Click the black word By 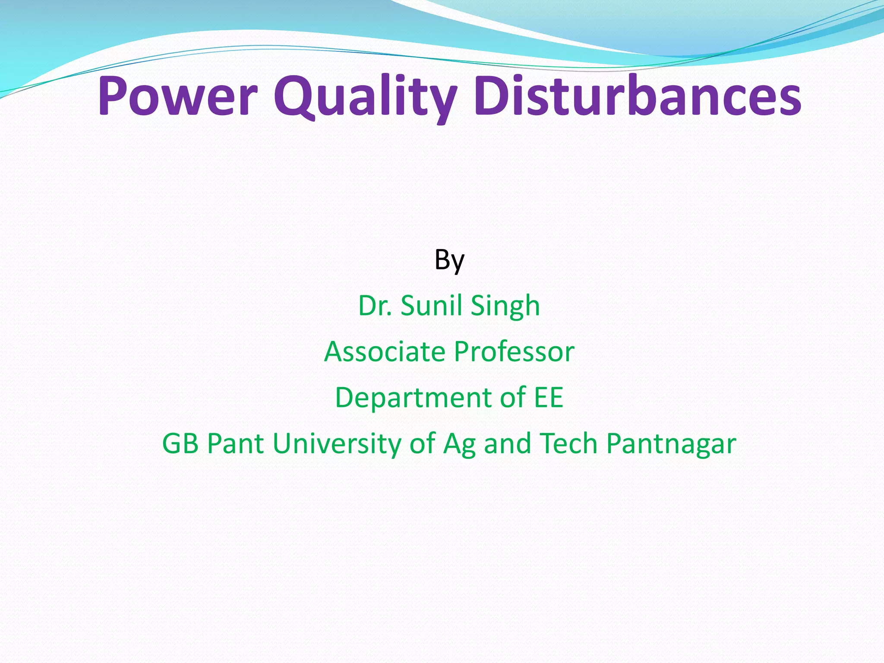point(449,260)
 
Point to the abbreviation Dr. point(375,306)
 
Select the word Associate point(385,351)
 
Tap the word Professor point(515,351)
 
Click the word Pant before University point(235,443)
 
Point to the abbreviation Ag point(459,444)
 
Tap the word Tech point(568,443)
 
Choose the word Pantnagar point(671,444)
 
